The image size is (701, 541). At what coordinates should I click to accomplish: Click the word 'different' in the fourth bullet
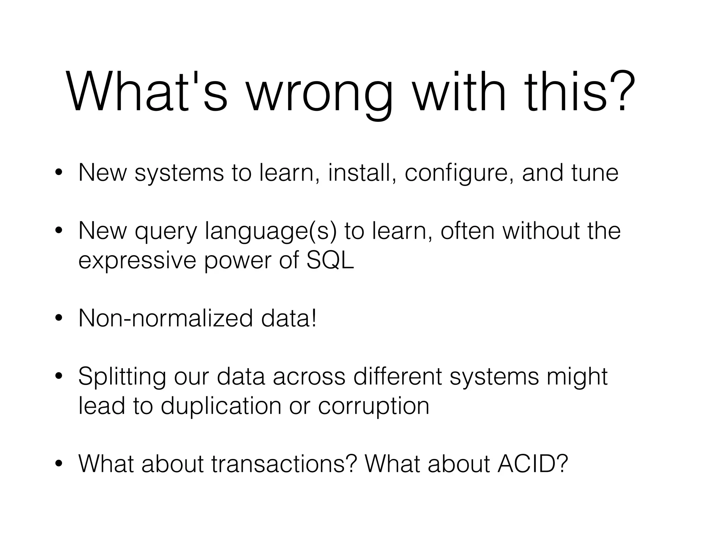(x=397, y=377)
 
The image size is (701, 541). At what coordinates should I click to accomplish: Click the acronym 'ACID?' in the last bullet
(x=533, y=464)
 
